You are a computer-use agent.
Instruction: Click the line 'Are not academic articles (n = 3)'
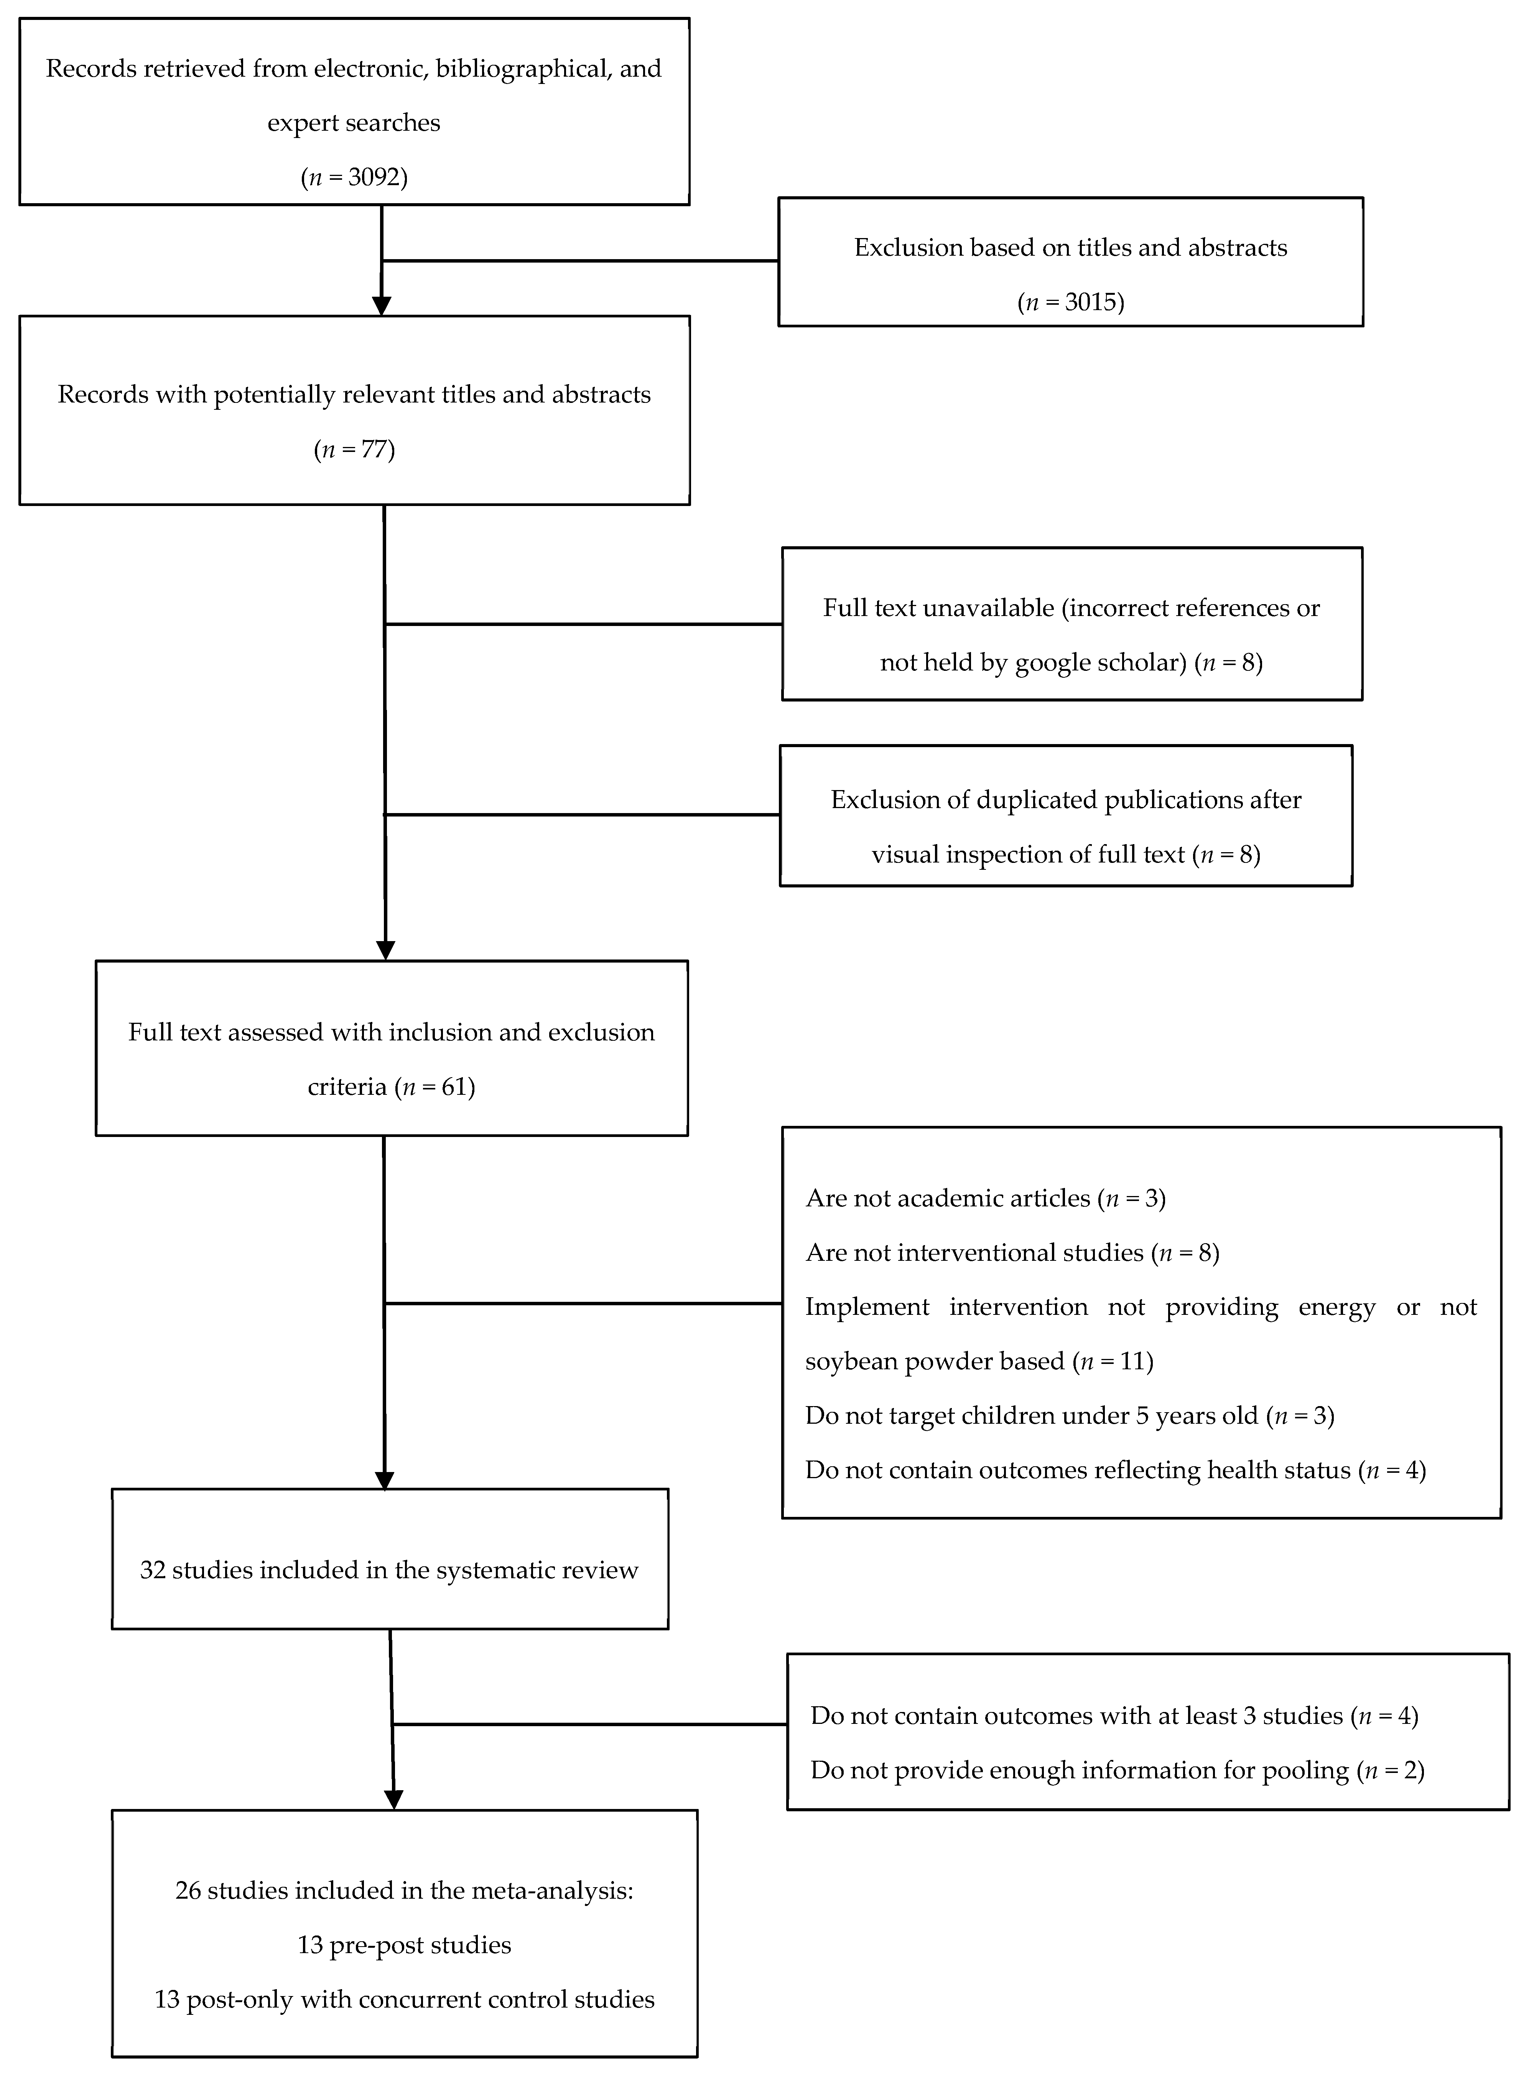(x=985, y=1198)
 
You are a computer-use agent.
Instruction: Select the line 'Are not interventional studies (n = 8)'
(x=1012, y=1253)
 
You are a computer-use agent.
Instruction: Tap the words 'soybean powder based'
(x=935, y=1361)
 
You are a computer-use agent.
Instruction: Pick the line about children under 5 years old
(x=1069, y=1416)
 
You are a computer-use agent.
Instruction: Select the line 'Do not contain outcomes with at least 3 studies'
(x=1113, y=1715)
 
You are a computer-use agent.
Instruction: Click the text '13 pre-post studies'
(x=405, y=1945)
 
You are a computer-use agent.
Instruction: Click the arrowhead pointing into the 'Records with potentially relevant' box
(x=381, y=306)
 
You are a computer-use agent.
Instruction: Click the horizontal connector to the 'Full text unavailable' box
(x=583, y=624)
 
